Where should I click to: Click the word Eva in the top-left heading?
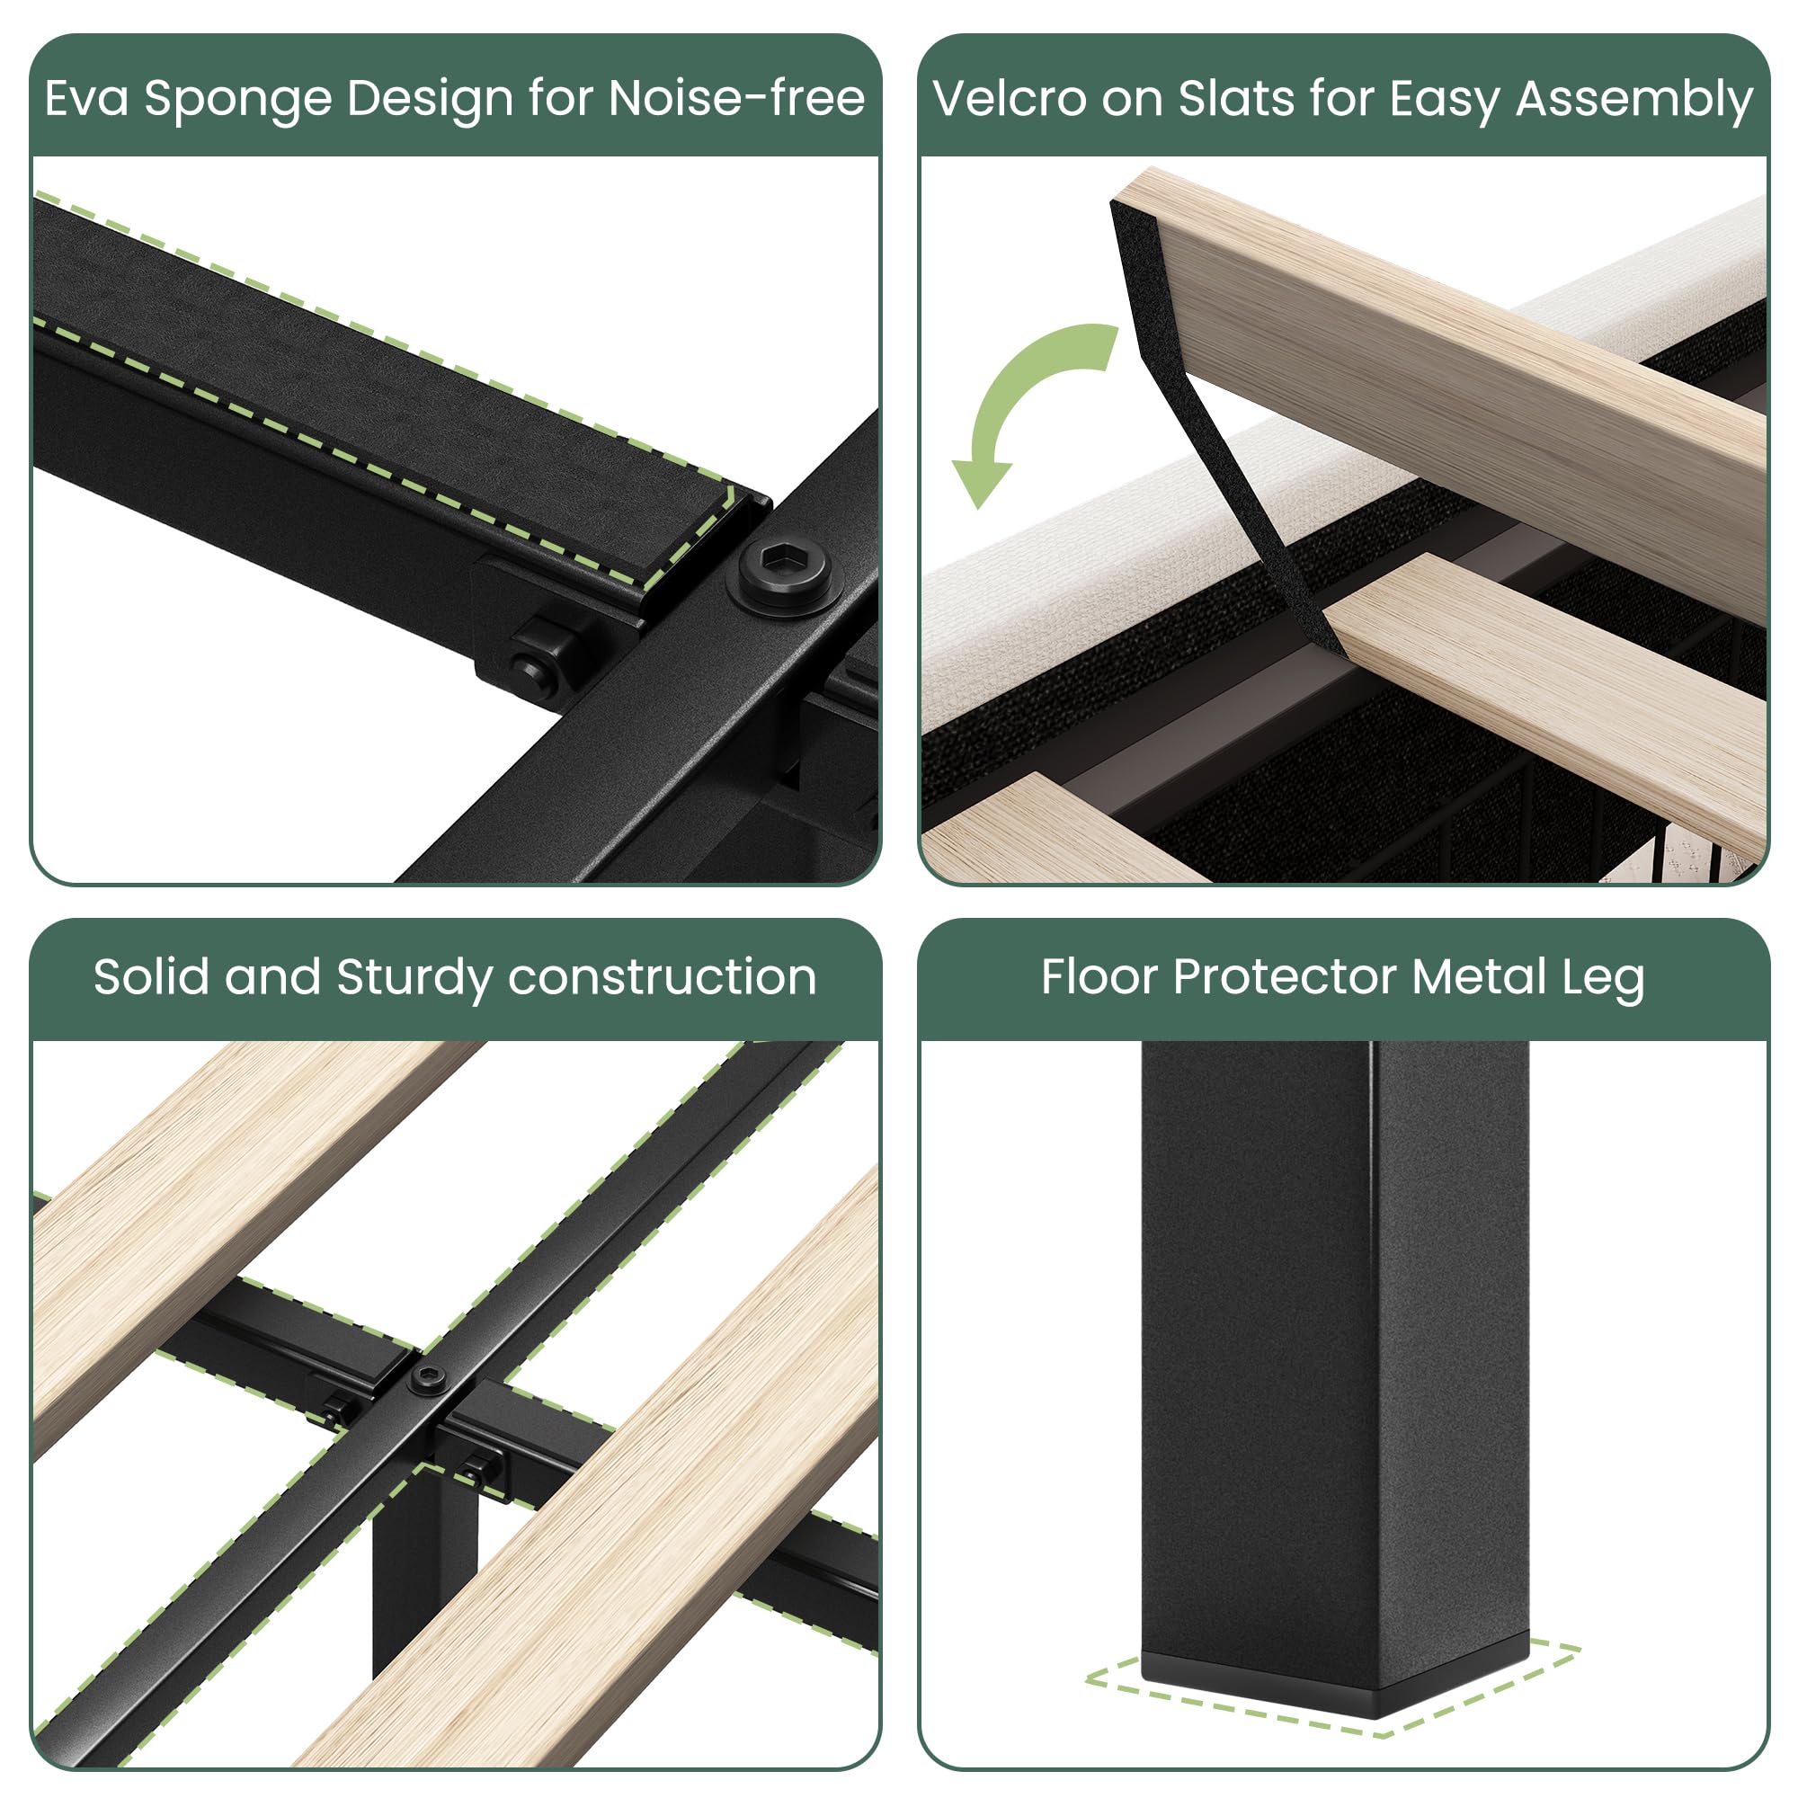coord(85,98)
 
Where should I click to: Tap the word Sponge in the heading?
coord(237,100)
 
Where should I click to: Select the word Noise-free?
coord(736,98)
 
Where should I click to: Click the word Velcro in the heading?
coord(1009,98)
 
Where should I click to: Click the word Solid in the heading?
coord(151,977)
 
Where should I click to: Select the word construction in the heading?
coord(662,977)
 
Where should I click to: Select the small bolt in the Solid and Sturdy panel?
coord(428,1376)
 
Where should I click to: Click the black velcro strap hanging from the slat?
coord(1210,419)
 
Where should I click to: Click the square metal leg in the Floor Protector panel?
coord(1333,1349)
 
